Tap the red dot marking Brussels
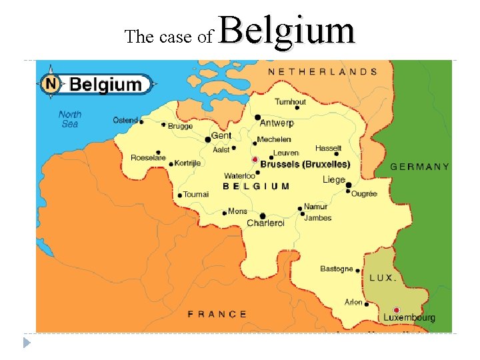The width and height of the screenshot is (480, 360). pyautogui.click(x=255, y=160)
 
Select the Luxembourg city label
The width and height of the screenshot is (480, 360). pyautogui.click(x=409, y=318)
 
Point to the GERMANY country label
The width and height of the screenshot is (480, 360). pyautogui.click(x=419, y=167)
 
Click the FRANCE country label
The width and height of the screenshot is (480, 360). pyautogui.click(x=217, y=314)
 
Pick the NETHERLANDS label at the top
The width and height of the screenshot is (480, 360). pyautogui.click(x=323, y=71)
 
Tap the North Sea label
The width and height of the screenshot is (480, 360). pyautogui.click(x=69, y=119)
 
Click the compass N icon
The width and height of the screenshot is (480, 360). pyautogui.click(x=51, y=84)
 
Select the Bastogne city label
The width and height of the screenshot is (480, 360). pyautogui.click(x=337, y=269)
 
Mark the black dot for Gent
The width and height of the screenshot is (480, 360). pyautogui.click(x=207, y=140)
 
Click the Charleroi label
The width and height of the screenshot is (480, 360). pyautogui.click(x=265, y=223)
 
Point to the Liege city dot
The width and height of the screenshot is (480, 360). pyautogui.click(x=348, y=185)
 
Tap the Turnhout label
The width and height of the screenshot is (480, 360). pyautogui.click(x=291, y=102)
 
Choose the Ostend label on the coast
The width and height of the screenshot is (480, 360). pyautogui.click(x=125, y=120)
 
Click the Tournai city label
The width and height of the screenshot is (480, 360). pyautogui.click(x=196, y=194)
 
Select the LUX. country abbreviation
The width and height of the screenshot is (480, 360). pyautogui.click(x=383, y=277)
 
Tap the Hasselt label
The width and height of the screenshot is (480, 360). pyautogui.click(x=328, y=148)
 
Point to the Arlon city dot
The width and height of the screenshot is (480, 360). pyautogui.click(x=366, y=304)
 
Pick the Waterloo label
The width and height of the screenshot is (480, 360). pyautogui.click(x=239, y=176)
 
